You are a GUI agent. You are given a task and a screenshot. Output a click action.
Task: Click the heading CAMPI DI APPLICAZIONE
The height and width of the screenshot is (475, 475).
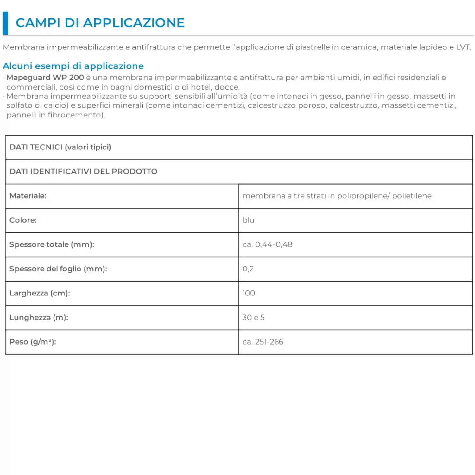100,23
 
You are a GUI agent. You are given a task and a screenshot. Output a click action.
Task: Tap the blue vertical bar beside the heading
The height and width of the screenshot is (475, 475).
5,23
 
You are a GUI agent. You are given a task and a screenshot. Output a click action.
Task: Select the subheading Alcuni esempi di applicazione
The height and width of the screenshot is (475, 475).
73,66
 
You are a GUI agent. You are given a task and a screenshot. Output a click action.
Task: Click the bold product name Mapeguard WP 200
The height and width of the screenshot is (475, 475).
45,78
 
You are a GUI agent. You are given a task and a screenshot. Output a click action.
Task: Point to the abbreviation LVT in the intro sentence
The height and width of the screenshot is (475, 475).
463,47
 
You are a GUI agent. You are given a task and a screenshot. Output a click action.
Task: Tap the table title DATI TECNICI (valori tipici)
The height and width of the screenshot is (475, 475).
60,147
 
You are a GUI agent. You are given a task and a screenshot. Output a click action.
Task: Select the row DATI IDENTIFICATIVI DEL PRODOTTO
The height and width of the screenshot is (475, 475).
83,172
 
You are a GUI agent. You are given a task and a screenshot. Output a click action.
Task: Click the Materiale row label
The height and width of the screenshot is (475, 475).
28,196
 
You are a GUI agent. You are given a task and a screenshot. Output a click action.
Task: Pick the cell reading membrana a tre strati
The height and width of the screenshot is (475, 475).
337,196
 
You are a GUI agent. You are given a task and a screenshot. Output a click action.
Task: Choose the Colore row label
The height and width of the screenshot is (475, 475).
23,220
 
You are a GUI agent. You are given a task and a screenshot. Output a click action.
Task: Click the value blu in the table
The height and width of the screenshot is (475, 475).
248,220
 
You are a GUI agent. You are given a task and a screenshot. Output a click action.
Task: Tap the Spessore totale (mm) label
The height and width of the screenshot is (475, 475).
52,245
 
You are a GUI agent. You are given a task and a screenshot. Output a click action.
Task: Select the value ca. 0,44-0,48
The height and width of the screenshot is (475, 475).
267,245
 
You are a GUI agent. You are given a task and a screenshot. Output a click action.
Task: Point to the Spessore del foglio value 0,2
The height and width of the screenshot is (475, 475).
248,269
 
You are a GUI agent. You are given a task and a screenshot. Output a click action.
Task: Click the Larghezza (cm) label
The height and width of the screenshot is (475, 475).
40,293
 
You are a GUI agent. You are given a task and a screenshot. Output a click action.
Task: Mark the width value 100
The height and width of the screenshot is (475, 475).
249,293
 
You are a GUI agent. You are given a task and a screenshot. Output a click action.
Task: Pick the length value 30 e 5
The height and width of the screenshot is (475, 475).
253,318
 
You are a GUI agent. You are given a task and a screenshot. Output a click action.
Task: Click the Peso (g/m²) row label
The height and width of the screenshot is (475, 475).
33,342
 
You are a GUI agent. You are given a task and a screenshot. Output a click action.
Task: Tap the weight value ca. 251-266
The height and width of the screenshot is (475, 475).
263,342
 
